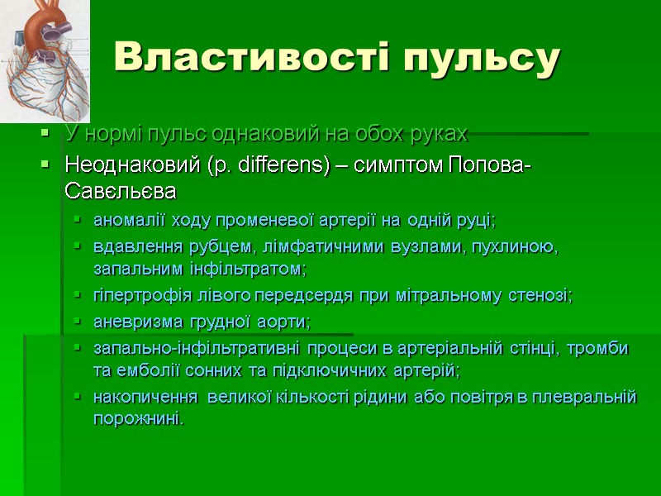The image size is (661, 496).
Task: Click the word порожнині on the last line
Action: (136, 419)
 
